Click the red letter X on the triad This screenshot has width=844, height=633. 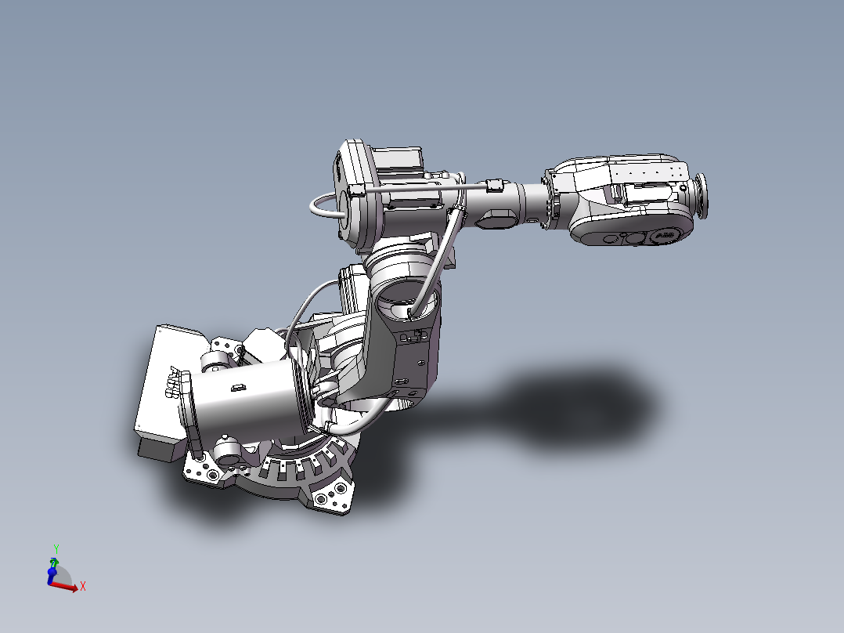click(x=82, y=586)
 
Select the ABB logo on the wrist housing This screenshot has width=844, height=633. click(x=663, y=235)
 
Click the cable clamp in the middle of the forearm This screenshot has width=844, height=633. click(x=493, y=186)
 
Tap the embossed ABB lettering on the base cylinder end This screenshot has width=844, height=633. click(x=177, y=383)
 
